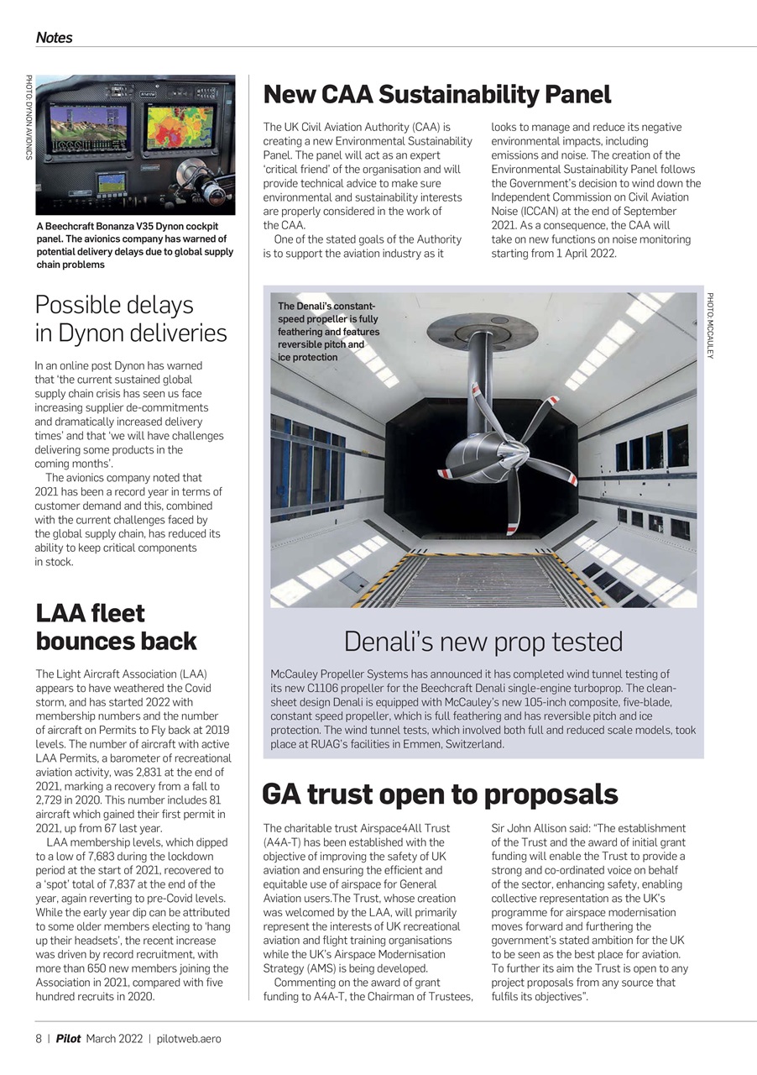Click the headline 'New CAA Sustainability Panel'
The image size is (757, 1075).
[x=436, y=94]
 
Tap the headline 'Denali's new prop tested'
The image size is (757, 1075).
[x=483, y=642]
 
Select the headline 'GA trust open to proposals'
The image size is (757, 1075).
[x=440, y=794]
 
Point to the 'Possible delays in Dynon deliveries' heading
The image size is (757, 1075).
[x=131, y=318]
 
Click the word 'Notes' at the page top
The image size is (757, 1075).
[x=54, y=38]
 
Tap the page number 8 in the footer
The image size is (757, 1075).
[x=39, y=1039]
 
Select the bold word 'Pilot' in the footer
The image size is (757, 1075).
[x=69, y=1039]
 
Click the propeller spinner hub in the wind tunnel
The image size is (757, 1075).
[x=464, y=459]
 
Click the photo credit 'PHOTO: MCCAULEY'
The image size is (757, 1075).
[x=710, y=326]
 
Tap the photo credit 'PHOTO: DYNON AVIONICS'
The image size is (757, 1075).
[x=29, y=118]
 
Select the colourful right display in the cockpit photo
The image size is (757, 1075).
[x=180, y=128]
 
